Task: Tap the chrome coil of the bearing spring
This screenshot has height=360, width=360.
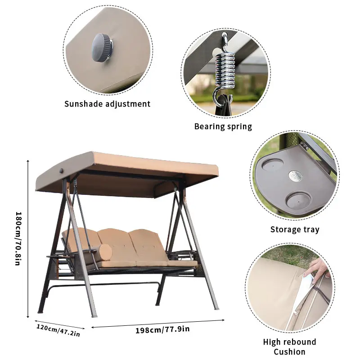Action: [225, 71]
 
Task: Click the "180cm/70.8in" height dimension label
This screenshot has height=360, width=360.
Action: [18, 239]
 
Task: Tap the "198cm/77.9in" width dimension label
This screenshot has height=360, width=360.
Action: [162, 330]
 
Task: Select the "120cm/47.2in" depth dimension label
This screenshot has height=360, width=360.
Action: [58, 330]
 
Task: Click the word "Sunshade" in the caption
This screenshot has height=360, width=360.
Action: [83, 104]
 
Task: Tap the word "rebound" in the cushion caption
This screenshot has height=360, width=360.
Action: [300, 342]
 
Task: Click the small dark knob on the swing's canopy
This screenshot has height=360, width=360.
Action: [61, 171]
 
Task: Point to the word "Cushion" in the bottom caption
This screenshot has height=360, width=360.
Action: [289, 352]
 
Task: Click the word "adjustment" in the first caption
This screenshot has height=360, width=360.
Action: [128, 104]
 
